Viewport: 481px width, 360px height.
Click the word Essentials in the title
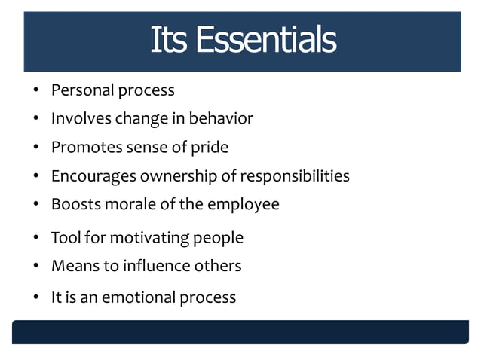265,41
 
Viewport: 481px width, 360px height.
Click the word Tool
66,238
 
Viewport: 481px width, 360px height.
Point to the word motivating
151,238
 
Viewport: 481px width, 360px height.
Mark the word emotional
139,297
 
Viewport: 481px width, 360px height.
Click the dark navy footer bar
240,331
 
